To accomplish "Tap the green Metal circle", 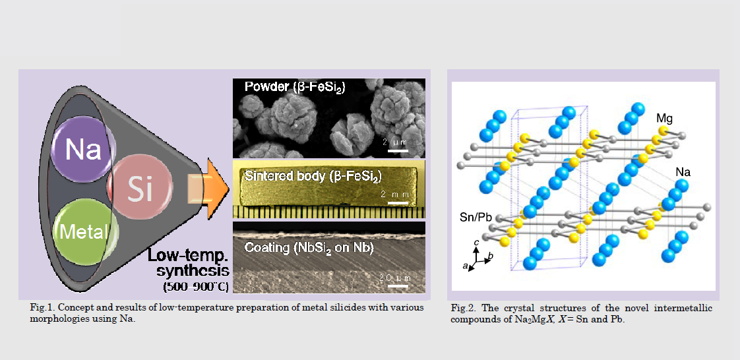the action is tap(84, 231).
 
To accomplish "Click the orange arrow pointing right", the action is tap(208, 189).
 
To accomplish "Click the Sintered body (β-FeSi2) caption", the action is tap(313, 176).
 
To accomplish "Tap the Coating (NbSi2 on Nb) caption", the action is tap(309, 248).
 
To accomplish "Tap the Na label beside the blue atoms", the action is tap(683, 172).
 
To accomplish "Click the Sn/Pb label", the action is tap(477, 218).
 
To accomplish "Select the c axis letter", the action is tap(477, 242).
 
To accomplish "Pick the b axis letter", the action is tap(491, 255).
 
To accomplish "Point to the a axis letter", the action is tap(466, 267).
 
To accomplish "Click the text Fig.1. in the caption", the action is tap(40, 308).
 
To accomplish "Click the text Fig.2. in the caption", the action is tap(460, 309).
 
